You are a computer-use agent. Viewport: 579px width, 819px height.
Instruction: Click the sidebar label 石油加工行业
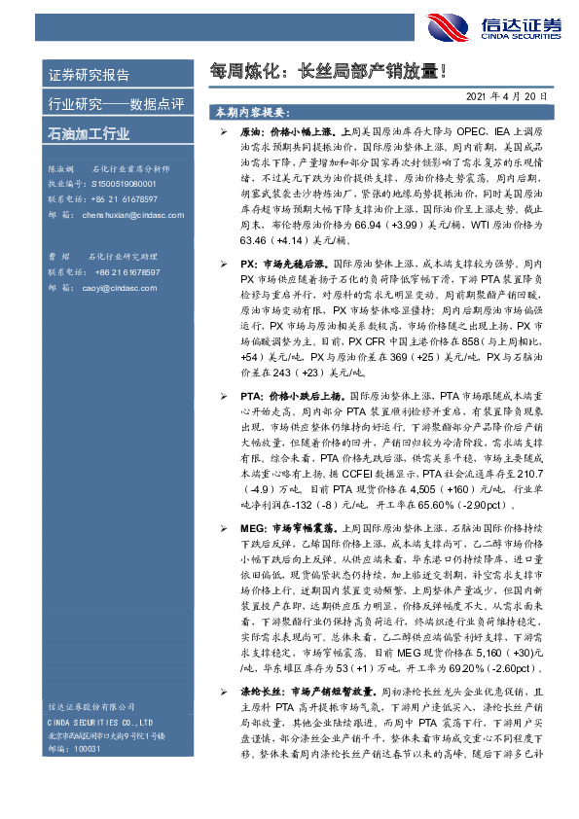click(x=89, y=133)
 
